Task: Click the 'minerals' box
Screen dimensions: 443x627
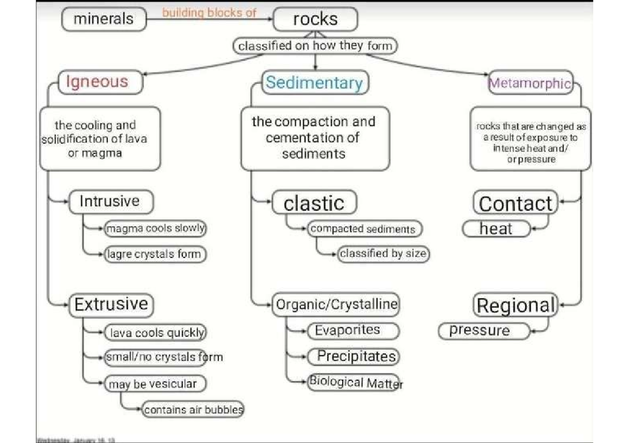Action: (104, 20)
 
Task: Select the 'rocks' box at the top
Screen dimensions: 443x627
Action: (316, 20)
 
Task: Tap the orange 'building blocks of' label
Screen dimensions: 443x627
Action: (209, 13)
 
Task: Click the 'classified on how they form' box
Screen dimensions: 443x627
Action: (315, 46)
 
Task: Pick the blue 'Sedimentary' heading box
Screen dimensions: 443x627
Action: (315, 83)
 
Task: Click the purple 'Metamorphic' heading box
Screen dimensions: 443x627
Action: (530, 84)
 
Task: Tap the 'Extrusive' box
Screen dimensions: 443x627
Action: (111, 305)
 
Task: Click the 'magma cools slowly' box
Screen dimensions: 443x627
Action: (156, 228)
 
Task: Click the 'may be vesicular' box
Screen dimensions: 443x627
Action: (155, 384)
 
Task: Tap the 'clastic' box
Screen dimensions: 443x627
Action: (315, 203)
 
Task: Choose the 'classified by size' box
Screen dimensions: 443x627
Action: (383, 254)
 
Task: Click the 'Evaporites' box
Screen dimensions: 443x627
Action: (354, 331)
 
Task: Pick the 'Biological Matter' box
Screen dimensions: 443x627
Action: (353, 382)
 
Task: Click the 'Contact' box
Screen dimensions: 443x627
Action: (515, 203)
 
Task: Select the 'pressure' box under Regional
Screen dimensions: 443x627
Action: (484, 331)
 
